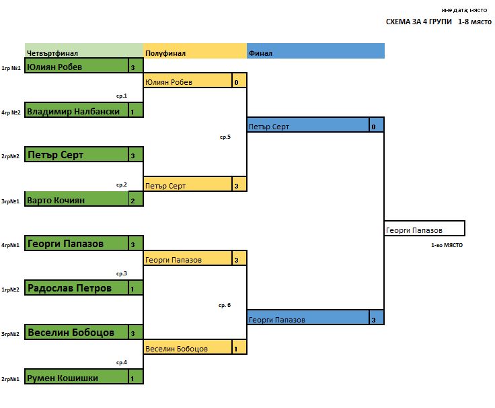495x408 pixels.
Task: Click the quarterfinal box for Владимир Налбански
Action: click(x=77, y=111)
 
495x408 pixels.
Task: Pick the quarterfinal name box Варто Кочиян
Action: click(x=77, y=199)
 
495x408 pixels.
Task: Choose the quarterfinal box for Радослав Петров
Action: click(x=77, y=288)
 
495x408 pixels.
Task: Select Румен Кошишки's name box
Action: click(x=77, y=378)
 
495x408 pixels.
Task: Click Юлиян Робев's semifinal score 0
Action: click(x=239, y=82)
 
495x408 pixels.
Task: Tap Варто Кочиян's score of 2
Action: click(x=135, y=199)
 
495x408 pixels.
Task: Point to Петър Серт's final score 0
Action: click(x=375, y=126)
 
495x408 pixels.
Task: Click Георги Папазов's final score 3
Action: click(x=375, y=319)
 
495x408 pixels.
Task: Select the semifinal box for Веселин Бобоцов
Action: click(x=188, y=348)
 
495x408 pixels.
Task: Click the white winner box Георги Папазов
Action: click(x=424, y=230)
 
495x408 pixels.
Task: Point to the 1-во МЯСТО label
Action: click(x=447, y=245)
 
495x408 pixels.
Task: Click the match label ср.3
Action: click(x=121, y=273)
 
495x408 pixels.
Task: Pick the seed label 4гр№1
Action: click(x=10, y=245)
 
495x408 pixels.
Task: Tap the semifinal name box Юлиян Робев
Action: click(x=188, y=82)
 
